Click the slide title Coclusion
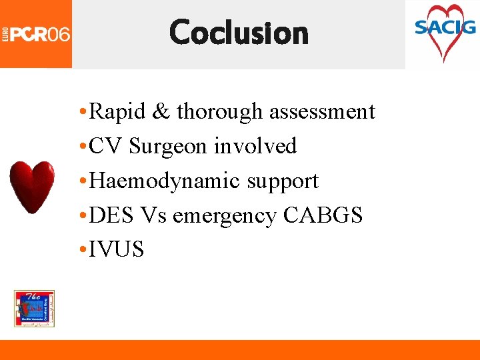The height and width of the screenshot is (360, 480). point(239,32)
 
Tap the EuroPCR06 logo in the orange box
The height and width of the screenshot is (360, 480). point(36,33)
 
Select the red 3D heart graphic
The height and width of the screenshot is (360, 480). point(31,186)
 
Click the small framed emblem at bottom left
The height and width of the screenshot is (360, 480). point(34,309)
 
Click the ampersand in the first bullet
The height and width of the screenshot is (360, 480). point(161,111)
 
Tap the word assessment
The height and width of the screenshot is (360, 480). point(322,111)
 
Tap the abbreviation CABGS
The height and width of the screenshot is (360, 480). point(323,215)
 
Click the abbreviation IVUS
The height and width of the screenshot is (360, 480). point(116,250)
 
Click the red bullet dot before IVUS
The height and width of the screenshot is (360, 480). point(81,250)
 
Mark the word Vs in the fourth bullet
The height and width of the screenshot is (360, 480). point(153,215)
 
